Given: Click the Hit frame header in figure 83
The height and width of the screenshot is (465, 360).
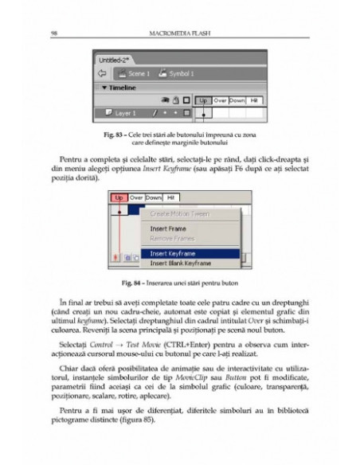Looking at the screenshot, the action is (x=253, y=101).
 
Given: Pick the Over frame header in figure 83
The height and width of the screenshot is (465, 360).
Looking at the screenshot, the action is (x=220, y=101).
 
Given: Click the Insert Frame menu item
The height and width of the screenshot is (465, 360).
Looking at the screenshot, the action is (x=168, y=228).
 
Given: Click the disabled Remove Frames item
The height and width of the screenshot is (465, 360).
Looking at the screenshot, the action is (x=171, y=237).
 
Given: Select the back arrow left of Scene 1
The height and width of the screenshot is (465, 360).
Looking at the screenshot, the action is (x=102, y=73).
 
